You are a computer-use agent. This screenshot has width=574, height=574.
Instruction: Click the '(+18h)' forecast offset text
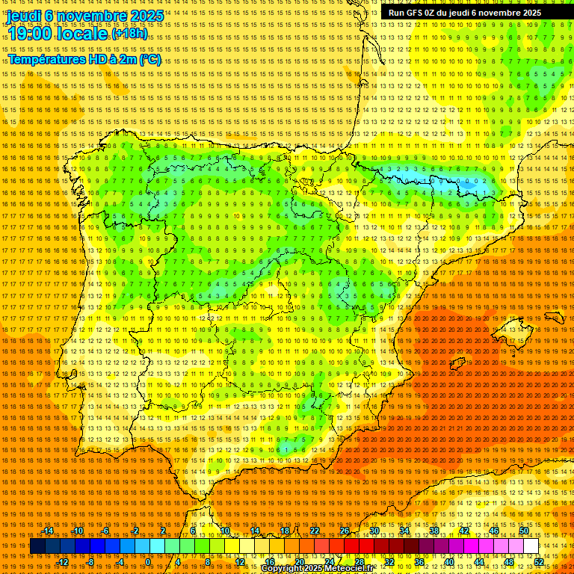pyautogui.click(x=130, y=34)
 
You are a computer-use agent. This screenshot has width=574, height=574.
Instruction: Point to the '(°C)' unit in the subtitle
pyautogui.click(x=149, y=59)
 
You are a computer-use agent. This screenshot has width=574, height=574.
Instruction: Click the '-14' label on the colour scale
pyautogui.click(x=48, y=531)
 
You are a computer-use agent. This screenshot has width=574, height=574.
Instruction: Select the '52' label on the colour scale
pyautogui.click(x=539, y=561)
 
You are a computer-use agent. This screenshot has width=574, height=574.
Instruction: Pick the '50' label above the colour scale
pyautogui.click(x=524, y=531)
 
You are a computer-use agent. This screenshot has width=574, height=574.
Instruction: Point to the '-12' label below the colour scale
pyautogui.click(x=63, y=561)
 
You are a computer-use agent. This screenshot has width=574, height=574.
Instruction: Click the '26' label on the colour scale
pyautogui.click(x=345, y=531)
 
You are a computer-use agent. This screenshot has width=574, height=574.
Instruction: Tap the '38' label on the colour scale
pyautogui.click(x=434, y=531)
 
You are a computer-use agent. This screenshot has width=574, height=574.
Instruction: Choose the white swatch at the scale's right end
pyautogui.click(x=531, y=546)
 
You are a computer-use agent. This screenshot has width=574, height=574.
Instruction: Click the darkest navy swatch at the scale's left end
pyautogui.click(x=38, y=546)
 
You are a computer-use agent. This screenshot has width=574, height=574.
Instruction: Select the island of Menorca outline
pyautogui.click(x=554, y=317)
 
